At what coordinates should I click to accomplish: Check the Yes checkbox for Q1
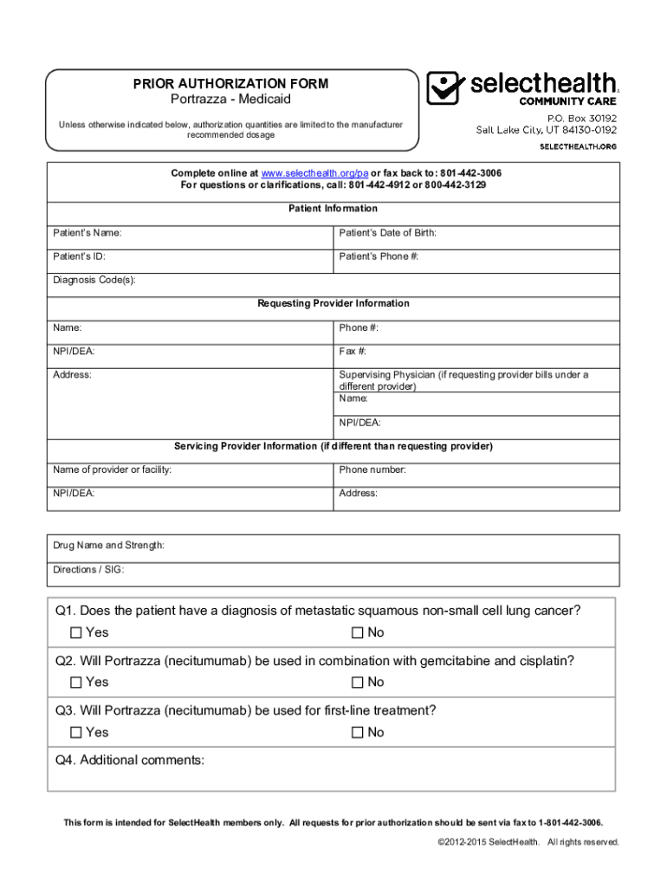pos(76,632)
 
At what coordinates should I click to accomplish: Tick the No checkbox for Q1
pos(357,632)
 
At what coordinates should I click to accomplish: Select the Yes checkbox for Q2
pos(76,683)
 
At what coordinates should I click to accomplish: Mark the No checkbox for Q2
pos(357,683)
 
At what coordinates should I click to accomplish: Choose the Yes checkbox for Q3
pos(76,733)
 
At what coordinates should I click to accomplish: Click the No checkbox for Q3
pos(357,733)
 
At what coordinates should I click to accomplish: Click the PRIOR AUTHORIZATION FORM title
pos(230,84)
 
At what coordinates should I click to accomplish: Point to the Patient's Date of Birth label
pos(387,233)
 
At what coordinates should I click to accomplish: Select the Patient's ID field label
pos(80,257)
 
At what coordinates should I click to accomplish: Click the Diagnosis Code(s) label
pos(94,281)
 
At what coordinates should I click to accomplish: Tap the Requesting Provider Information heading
pos(333,303)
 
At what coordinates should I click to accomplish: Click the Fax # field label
pos(353,352)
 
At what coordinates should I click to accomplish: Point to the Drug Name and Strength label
pos(109,546)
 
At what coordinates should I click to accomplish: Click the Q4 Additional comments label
pos(130,761)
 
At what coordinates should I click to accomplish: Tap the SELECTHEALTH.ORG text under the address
pos(579,146)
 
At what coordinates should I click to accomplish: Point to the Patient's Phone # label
pos(379,257)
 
